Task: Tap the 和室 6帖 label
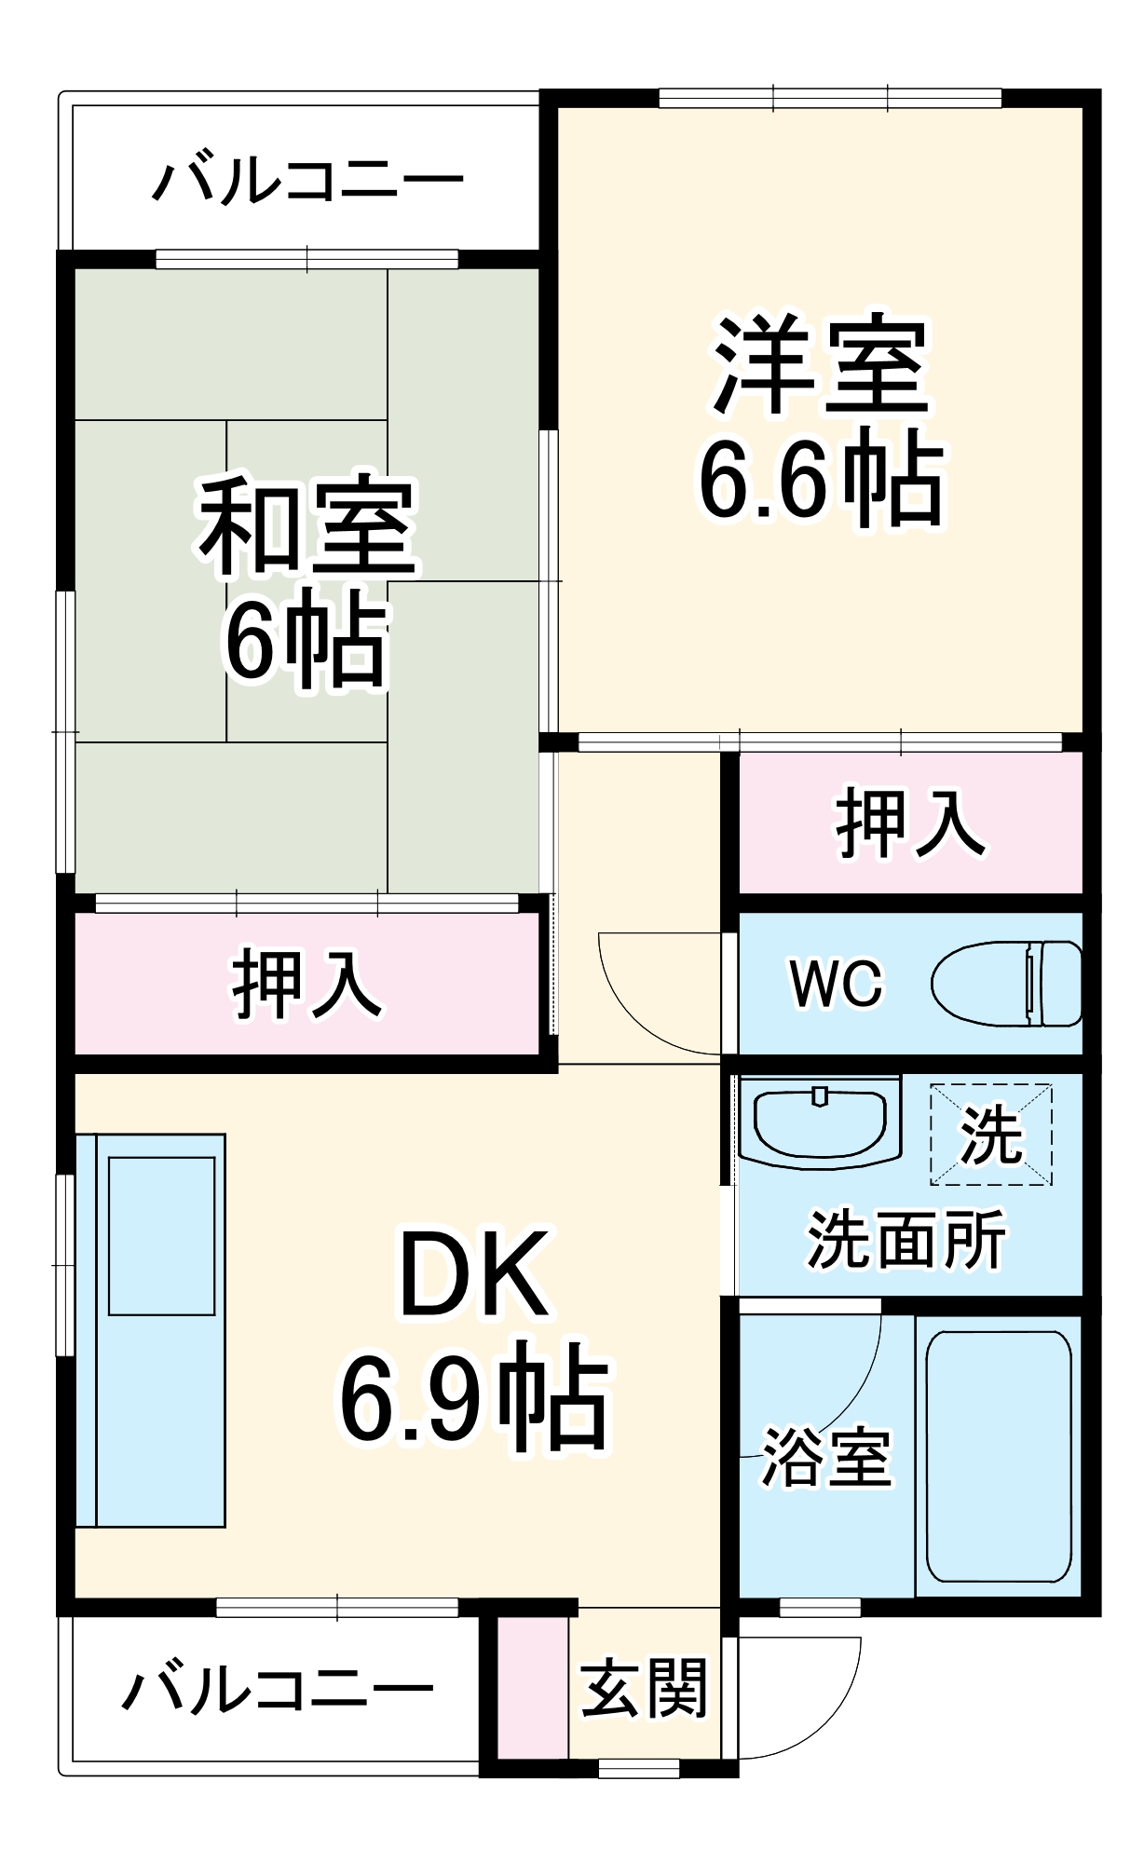[306, 582]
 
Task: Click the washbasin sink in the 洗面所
[819, 1122]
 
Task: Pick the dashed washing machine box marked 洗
[990, 1134]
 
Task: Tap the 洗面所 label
[906, 1240]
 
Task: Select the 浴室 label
[827, 1456]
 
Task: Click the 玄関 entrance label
[645, 1687]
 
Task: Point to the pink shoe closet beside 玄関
[532, 1687]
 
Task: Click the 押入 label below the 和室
[306, 984]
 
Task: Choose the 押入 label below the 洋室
[909, 822]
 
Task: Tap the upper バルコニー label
[307, 179]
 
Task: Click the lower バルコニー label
[278, 1689]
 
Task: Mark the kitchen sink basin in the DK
[162, 1235]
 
